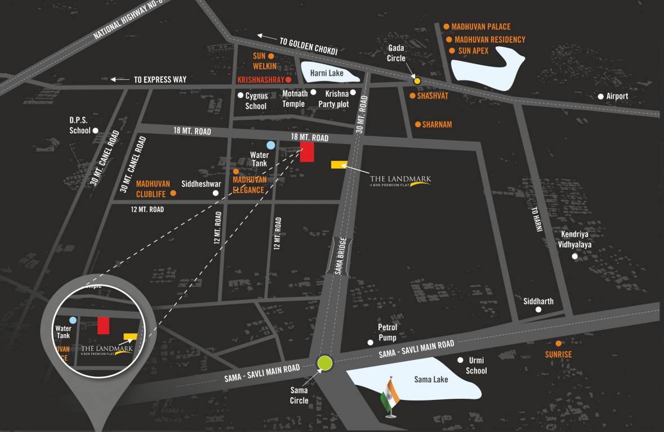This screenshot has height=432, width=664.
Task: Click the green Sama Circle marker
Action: [x=325, y=363]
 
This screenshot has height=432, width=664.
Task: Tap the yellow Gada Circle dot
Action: [x=417, y=81]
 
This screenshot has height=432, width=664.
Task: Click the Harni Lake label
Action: [x=327, y=73]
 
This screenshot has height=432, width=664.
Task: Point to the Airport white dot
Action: [x=601, y=97]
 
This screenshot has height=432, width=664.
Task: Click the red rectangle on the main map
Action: [x=307, y=152]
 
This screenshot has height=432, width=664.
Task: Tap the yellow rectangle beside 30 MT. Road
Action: [x=338, y=164]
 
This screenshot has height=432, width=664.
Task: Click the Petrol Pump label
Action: [x=387, y=332]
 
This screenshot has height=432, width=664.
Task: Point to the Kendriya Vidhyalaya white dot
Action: [x=574, y=256]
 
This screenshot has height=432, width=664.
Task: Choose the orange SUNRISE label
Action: [x=558, y=354]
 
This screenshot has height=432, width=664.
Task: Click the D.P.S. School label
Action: [x=79, y=125]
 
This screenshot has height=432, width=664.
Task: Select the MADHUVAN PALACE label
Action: [x=480, y=26]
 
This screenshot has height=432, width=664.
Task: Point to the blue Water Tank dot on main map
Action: [x=271, y=145]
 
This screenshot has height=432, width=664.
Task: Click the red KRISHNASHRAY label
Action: [x=260, y=80]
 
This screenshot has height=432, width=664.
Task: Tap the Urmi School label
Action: [x=476, y=366]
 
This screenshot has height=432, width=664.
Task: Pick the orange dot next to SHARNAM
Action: [x=418, y=124]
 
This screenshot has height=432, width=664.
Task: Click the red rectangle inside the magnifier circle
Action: [x=103, y=326]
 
